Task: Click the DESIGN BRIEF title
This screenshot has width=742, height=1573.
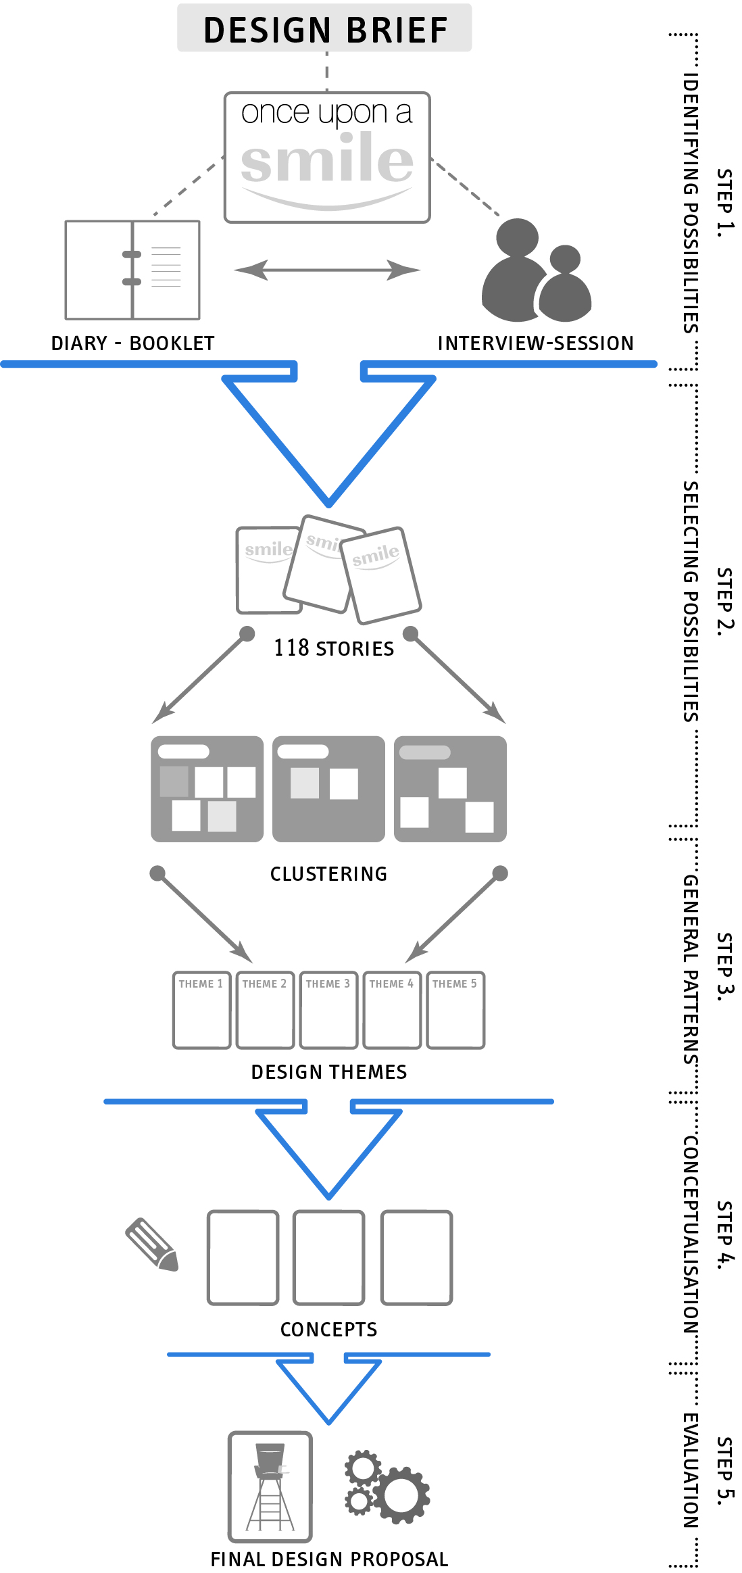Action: (325, 30)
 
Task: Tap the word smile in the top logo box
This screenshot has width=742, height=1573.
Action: (326, 160)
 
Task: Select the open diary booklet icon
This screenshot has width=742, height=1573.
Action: (132, 270)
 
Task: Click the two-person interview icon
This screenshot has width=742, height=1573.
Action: (537, 272)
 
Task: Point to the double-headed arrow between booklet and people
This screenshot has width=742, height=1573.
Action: (327, 270)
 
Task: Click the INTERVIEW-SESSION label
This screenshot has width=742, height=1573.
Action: (535, 343)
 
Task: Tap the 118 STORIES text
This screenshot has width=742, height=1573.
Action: (334, 648)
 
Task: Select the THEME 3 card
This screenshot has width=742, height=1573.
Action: (328, 1010)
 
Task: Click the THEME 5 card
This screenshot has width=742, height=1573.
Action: (455, 1010)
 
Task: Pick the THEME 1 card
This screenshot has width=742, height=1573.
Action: (201, 1010)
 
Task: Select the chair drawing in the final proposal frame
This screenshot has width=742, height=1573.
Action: (270, 1486)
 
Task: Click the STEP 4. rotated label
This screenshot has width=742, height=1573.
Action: (724, 1236)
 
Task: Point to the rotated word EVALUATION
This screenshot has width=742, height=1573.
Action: (690, 1470)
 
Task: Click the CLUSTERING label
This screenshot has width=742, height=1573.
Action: (328, 874)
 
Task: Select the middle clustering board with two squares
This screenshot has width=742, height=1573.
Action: (328, 789)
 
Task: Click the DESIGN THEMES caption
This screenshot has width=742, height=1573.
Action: (329, 1072)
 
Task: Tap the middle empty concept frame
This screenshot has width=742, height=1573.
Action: (328, 1257)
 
